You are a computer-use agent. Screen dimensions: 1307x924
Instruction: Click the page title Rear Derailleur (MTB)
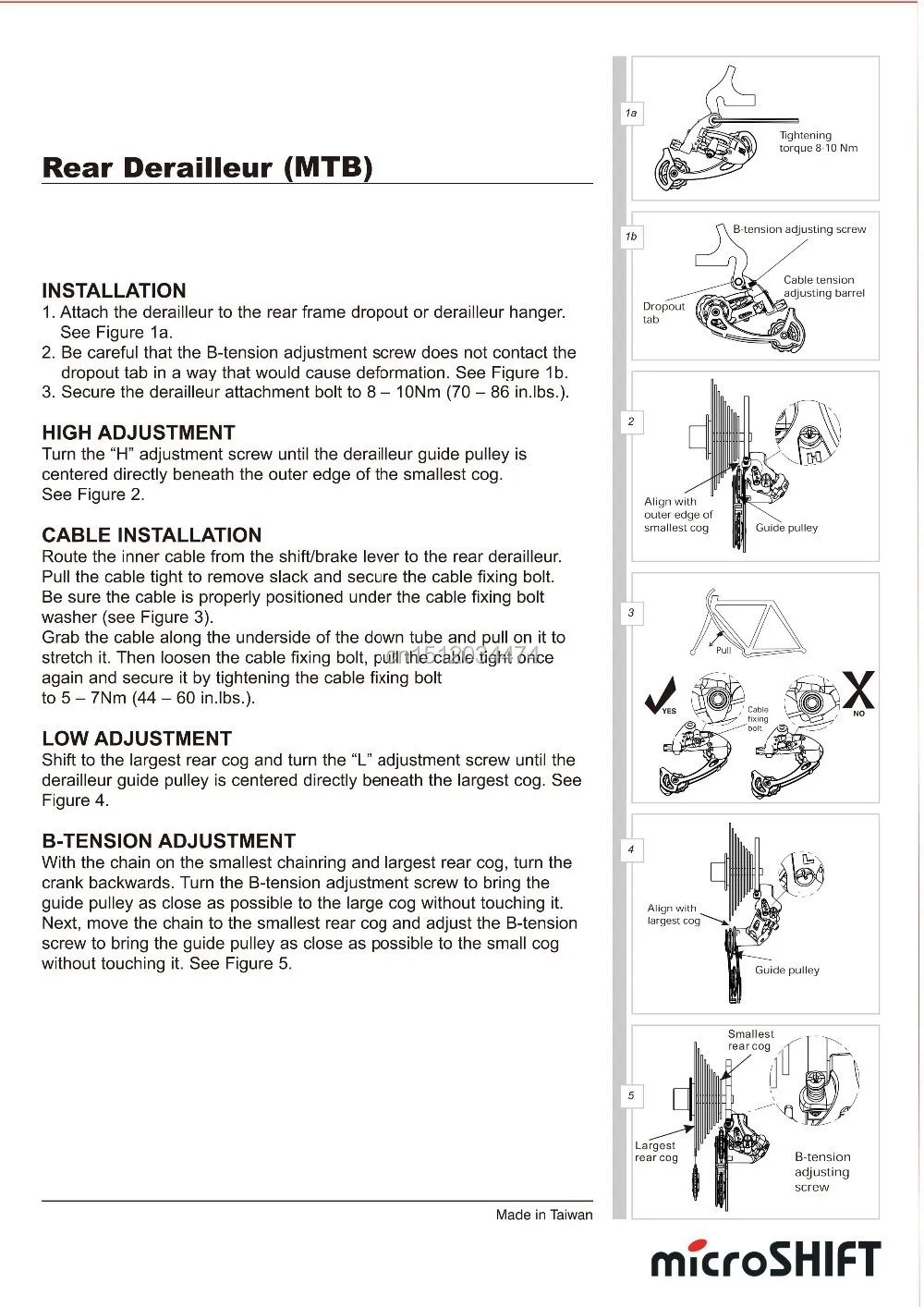click(x=207, y=167)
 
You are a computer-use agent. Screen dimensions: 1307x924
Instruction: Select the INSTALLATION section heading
click(x=114, y=290)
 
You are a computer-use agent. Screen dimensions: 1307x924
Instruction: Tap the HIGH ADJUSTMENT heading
click(x=138, y=433)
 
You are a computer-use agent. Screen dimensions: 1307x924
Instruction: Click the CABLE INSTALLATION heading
click(x=152, y=535)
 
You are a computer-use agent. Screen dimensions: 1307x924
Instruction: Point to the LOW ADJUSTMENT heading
click(x=136, y=739)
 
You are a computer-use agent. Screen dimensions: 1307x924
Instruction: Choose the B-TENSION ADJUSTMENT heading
click(x=168, y=841)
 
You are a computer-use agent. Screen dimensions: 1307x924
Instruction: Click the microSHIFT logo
click(x=766, y=1259)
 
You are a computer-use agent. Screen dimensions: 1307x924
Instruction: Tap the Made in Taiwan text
click(x=543, y=1215)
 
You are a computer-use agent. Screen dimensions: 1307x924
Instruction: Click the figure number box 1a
click(x=631, y=114)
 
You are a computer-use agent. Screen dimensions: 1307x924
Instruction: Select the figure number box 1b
click(x=631, y=237)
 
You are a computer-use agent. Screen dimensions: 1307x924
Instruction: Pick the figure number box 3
click(x=631, y=613)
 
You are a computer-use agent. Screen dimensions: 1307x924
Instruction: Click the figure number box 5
click(x=631, y=1096)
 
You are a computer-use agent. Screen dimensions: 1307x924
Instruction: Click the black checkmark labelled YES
click(x=663, y=694)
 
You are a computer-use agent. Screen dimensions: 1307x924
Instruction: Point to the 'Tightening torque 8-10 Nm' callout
click(x=818, y=141)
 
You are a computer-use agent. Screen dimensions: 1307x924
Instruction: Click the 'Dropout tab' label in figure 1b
click(x=663, y=312)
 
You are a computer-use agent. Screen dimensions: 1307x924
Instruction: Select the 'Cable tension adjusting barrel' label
click(x=823, y=287)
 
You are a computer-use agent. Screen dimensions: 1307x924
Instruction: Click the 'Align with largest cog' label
click(x=673, y=914)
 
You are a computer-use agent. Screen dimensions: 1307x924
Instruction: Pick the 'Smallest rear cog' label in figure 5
click(x=750, y=1040)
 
